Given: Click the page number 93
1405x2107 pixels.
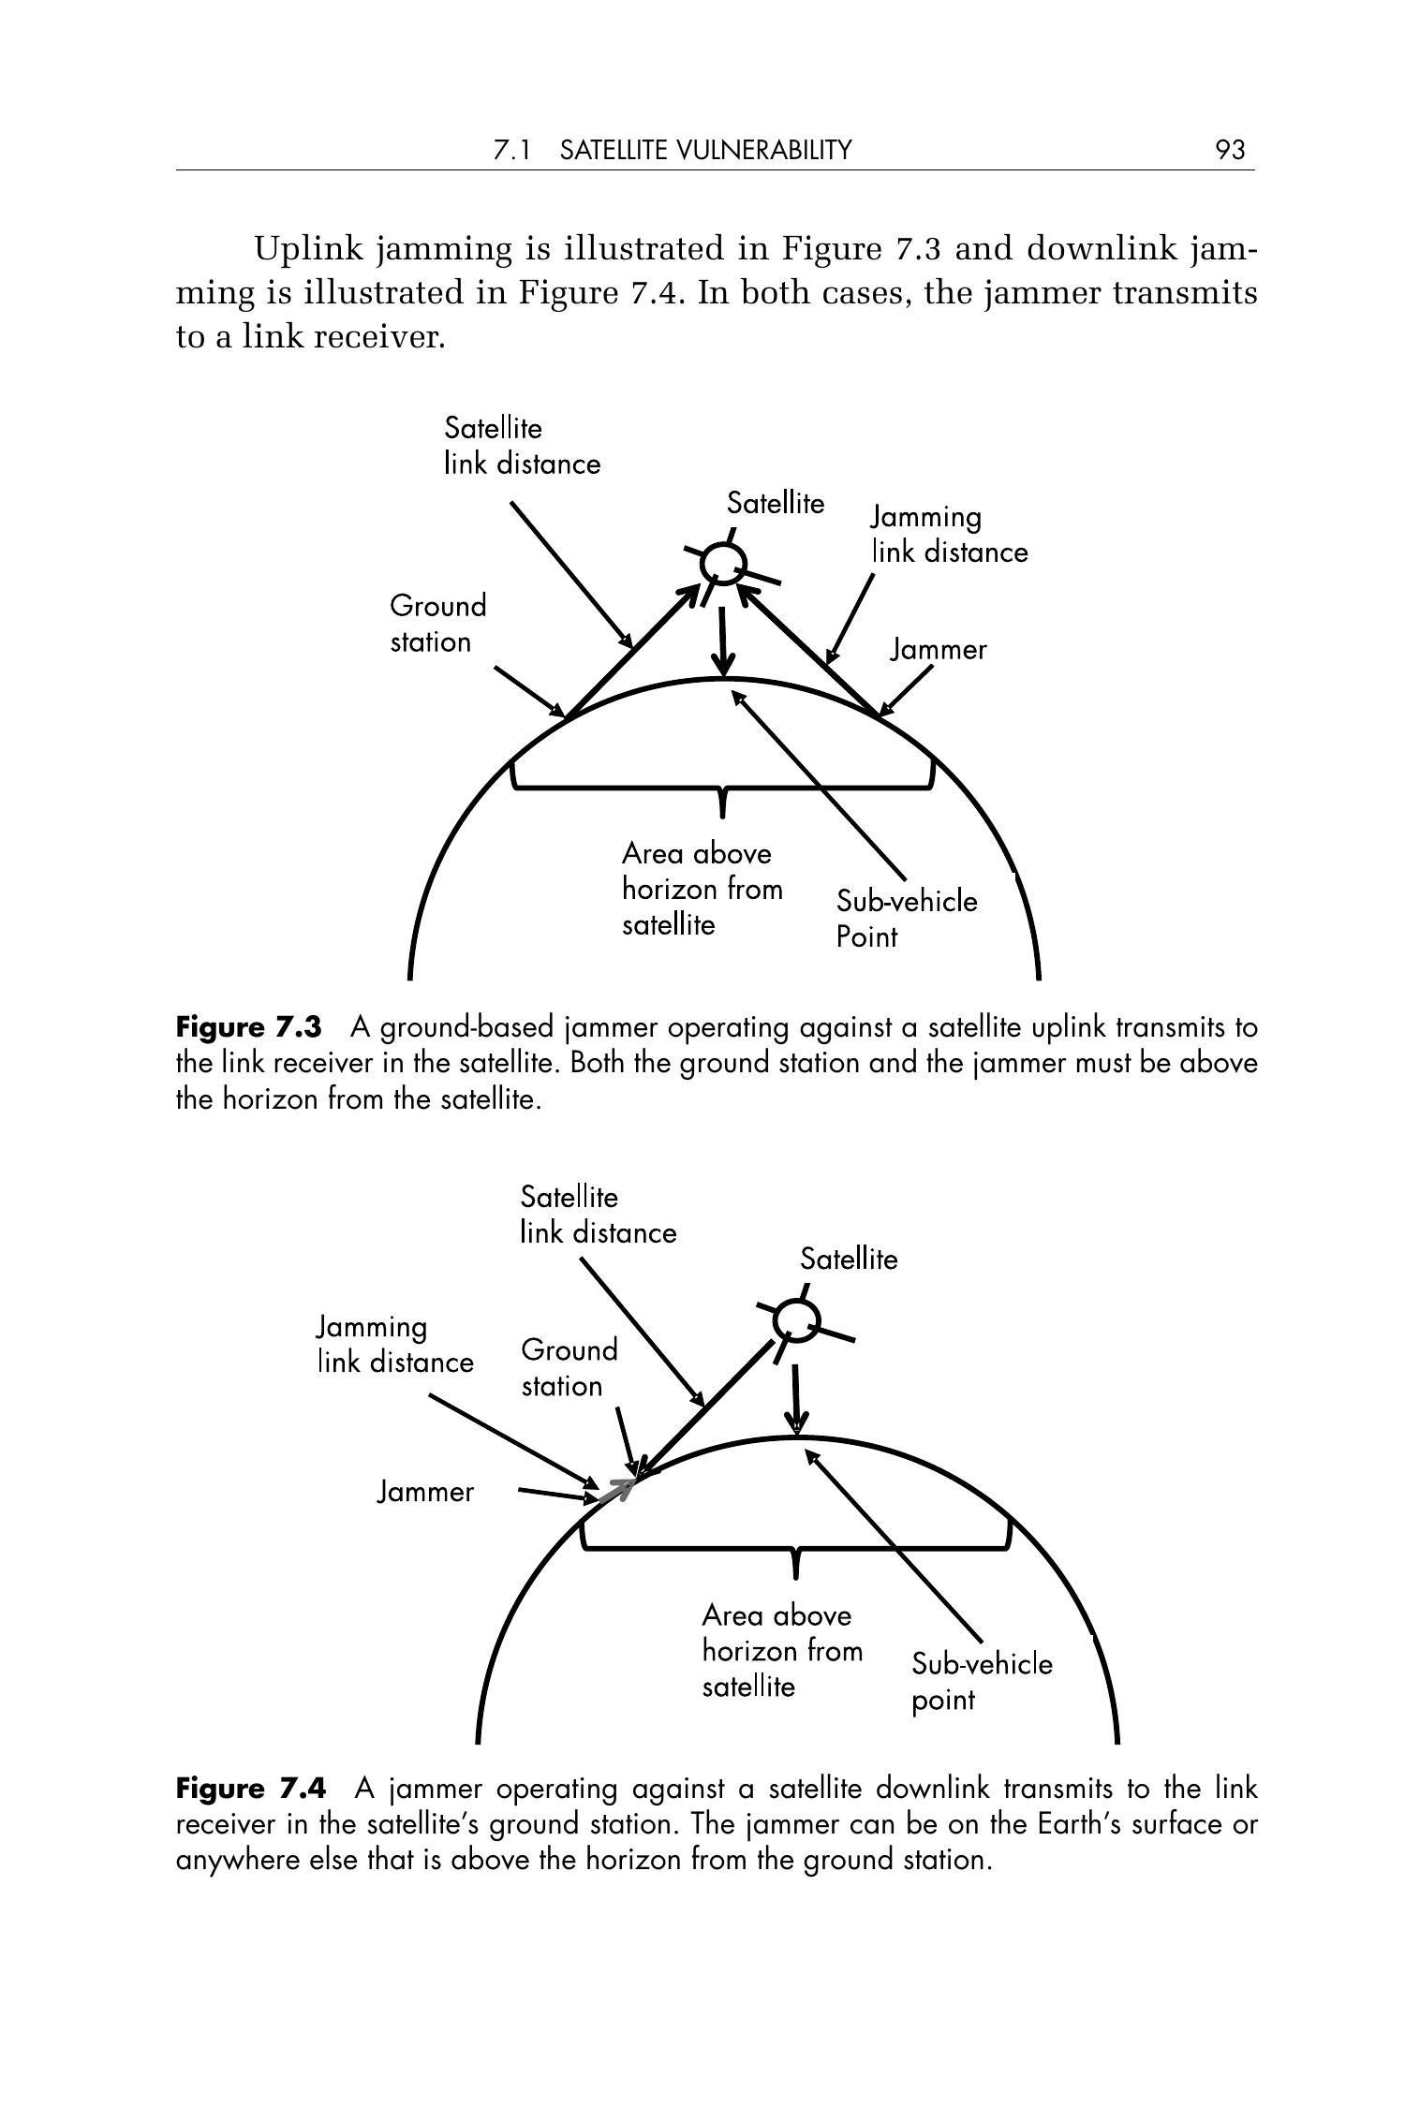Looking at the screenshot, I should tap(1230, 150).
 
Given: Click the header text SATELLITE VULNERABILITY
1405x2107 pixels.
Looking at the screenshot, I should tap(706, 150).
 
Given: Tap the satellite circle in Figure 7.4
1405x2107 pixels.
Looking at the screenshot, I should tap(796, 1321).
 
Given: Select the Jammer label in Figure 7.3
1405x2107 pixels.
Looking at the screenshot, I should tap(938, 650).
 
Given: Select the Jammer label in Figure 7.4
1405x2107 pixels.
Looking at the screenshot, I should tap(425, 1492).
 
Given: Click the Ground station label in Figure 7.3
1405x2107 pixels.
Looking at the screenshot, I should tap(437, 624).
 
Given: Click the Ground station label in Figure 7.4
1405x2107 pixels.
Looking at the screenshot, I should tap(569, 1367).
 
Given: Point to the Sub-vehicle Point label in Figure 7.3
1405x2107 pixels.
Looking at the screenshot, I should tap(906, 919).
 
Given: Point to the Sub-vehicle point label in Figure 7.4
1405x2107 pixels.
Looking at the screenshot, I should tap(981, 1681).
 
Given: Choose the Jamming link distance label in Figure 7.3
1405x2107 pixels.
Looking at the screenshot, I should tap(949, 535).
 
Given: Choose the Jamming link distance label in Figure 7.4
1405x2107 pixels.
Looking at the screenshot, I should tap(394, 1344).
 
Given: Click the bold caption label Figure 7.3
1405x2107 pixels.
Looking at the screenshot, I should tap(248, 1027).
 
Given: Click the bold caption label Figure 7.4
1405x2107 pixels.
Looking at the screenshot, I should tap(251, 1789).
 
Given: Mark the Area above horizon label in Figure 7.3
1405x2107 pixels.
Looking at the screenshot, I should tap(702, 889).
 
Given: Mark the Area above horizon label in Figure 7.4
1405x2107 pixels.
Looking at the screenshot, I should tap(781, 1650).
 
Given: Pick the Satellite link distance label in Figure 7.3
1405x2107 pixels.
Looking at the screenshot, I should tap(522, 447).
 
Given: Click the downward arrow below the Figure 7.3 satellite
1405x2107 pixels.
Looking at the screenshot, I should tap(722, 641).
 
